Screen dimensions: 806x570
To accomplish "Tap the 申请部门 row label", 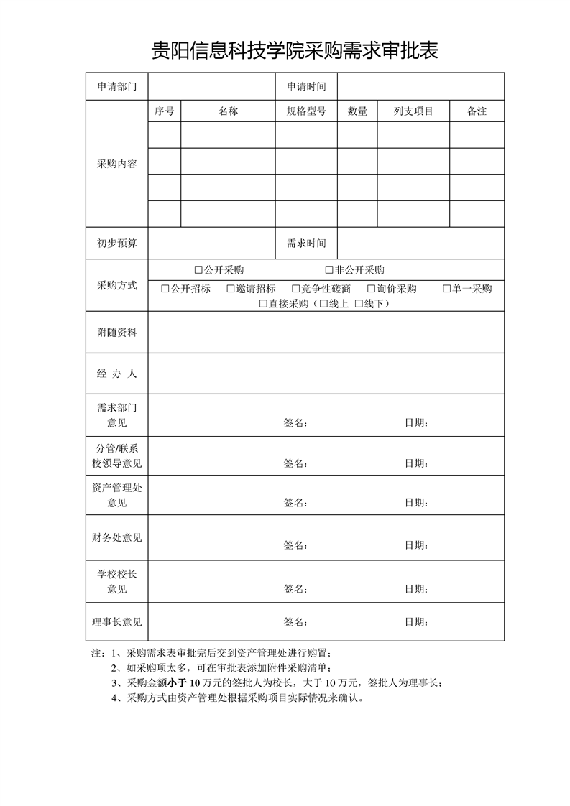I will (x=116, y=87).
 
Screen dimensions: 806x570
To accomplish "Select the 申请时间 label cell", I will (x=306, y=87).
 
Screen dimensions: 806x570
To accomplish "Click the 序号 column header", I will (x=164, y=111).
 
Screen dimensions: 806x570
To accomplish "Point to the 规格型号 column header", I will (x=306, y=111).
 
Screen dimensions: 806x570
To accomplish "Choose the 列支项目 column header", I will (x=413, y=111).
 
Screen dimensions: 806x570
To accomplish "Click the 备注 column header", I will (x=477, y=111).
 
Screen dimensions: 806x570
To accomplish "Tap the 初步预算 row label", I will (x=116, y=244).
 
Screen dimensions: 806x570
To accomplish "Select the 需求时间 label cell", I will (x=306, y=244).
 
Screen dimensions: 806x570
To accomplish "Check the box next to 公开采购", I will (x=199, y=270).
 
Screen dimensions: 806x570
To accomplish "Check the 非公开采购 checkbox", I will (x=330, y=270).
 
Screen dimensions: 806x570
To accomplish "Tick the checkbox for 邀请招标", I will (x=231, y=289).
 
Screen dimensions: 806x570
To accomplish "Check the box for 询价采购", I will (x=372, y=289).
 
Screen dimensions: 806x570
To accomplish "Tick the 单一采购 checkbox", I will (x=447, y=289).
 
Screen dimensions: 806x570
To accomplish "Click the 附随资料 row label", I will (x=116, y=333).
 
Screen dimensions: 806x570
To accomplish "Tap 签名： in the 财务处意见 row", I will (x=296, y=545).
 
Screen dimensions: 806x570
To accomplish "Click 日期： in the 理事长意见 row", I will (x=417, y=621).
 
